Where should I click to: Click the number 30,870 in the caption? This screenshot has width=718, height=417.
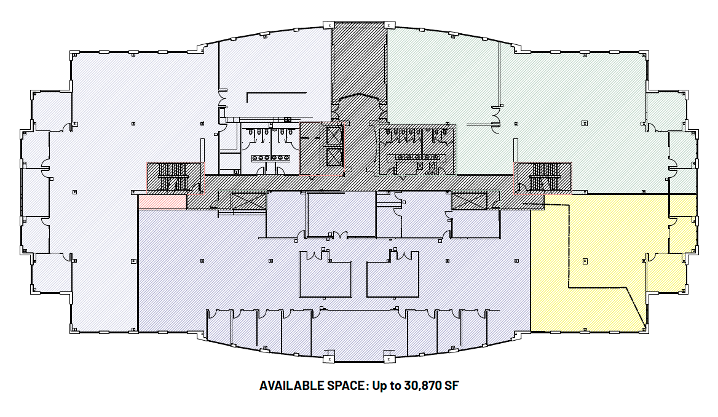point(424,386)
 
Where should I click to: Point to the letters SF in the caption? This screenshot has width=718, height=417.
point(452,386)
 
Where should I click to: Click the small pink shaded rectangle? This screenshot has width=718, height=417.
point(162,201)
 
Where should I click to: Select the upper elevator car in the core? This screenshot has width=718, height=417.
point(334,135)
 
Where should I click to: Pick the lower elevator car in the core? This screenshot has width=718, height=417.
point(334,157)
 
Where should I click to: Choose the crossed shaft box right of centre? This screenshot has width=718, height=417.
point(468,201)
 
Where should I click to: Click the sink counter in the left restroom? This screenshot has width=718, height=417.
point(271,157)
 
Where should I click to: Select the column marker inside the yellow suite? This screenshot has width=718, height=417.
point(585,261)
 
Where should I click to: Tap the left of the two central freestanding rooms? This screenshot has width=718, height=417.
point(324,274)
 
